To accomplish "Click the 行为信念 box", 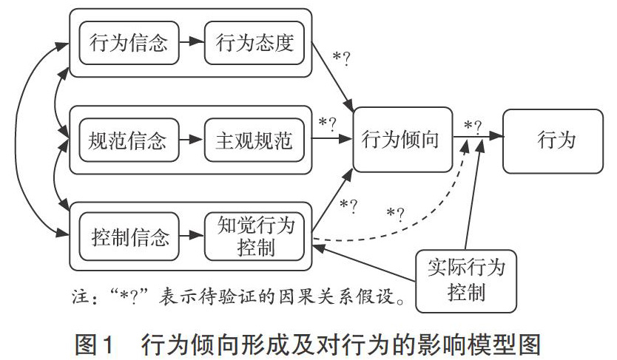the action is (x=129, y=42).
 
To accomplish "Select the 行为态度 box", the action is (x=254, y=42).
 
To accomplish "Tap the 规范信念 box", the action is (x=129, y=140).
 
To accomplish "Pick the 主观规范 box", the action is (x=254, y=140).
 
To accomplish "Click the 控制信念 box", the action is (x=129, y=237).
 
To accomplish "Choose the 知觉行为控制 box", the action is (x=254, y=237).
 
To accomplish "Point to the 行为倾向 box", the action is (x=402, y=140).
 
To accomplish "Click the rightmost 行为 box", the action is (x=553, y=141).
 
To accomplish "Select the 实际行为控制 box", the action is (x=466, y=281).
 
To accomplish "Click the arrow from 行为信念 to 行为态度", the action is (x=192, y=41).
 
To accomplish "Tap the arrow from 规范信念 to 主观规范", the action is (x=192, y=139).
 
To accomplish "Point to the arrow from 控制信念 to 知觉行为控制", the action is (x=192, y=235).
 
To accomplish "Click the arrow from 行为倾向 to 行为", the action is (x=478, y=136).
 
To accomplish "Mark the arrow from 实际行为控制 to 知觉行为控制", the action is (x=364, y=264).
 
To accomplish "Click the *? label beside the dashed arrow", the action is (x=396, y=214).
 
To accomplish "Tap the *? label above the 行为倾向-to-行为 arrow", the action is (x=473, y=126).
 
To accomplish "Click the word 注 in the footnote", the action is (x=80, y=295).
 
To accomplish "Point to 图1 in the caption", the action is (x=95, y=344).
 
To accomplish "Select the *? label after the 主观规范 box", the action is (x=328, y=123).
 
